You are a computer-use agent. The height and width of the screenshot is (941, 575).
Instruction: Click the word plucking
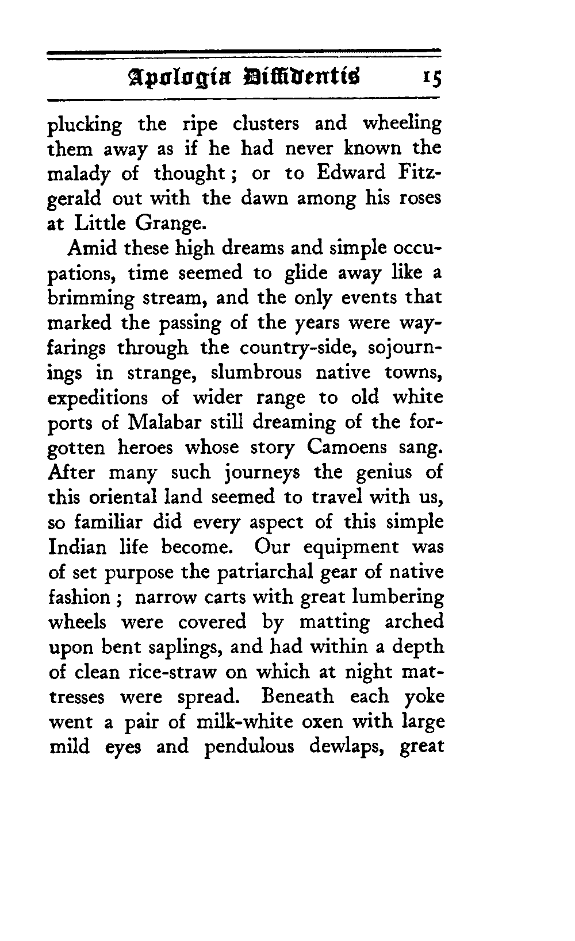(x=85, y=125)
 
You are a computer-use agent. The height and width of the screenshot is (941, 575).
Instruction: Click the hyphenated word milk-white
(x=239, y=721)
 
